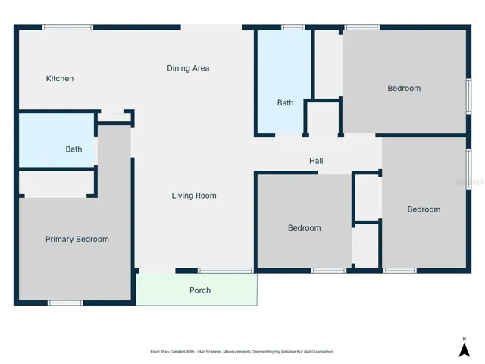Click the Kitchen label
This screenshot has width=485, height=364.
[60, 79]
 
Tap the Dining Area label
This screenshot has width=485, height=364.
[188, 68]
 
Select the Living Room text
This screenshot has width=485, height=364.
[194, 196]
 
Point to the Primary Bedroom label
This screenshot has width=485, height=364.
[77, 240]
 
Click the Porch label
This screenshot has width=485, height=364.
[200, 290]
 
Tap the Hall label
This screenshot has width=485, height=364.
[316, 161]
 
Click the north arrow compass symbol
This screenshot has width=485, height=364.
[465, 348]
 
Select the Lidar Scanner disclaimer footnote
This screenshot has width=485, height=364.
[242, 352]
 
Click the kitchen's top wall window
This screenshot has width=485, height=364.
[67, 27]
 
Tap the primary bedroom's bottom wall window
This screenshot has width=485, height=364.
[65, 303]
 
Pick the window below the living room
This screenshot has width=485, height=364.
[226, 271]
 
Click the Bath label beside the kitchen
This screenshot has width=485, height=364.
[74, 149]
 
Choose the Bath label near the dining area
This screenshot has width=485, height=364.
[285, 103]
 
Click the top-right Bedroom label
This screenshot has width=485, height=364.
[404, 88]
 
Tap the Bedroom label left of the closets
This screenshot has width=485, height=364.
[305, 227]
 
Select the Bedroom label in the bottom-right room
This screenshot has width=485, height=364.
[424, 209]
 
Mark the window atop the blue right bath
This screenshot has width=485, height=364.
[293, 27]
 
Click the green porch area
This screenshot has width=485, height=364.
[197, 290]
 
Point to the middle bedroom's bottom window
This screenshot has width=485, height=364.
[328, 271]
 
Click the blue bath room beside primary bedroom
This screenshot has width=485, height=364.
[57, 140]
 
